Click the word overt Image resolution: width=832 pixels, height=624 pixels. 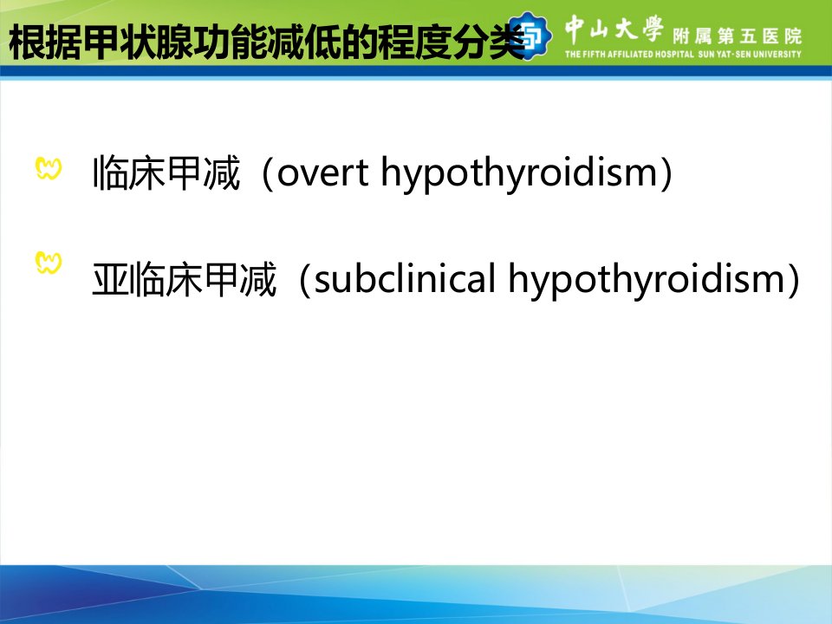(x=322, y=173)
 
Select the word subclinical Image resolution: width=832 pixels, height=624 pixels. (x=405, y=278)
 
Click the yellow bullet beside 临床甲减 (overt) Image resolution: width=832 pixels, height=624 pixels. (x=49, y=169)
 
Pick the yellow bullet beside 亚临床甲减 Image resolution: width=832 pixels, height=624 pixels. (x=49, y=263)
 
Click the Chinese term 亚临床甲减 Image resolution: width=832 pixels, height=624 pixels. (x=184, y=279)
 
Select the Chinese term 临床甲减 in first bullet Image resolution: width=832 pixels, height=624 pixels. (x=166, y=173)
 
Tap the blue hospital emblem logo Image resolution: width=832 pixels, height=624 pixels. (x=530, y=36)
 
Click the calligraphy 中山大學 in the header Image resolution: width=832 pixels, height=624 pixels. (x=614, y=29)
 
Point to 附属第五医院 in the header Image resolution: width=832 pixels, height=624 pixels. (x=737, y=36)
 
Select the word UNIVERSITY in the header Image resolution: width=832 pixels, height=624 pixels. (x=776, y=54)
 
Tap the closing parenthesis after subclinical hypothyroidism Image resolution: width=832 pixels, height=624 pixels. (x=794, y=280)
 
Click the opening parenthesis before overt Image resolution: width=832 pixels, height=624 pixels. (x=268, y=173)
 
